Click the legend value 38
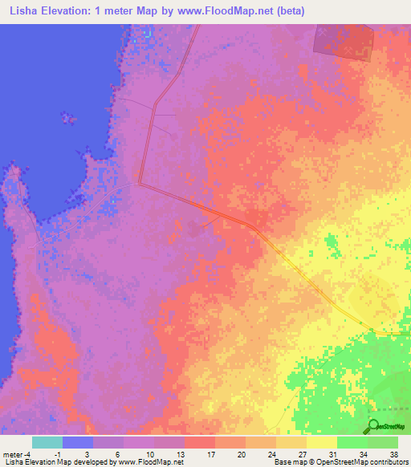tap(394, 453)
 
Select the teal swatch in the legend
tap(47, 442)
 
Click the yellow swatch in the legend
tap(322, 442)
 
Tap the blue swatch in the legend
tap(78, 442)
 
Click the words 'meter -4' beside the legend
tap(16, 453)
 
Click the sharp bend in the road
tap(140, 184)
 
